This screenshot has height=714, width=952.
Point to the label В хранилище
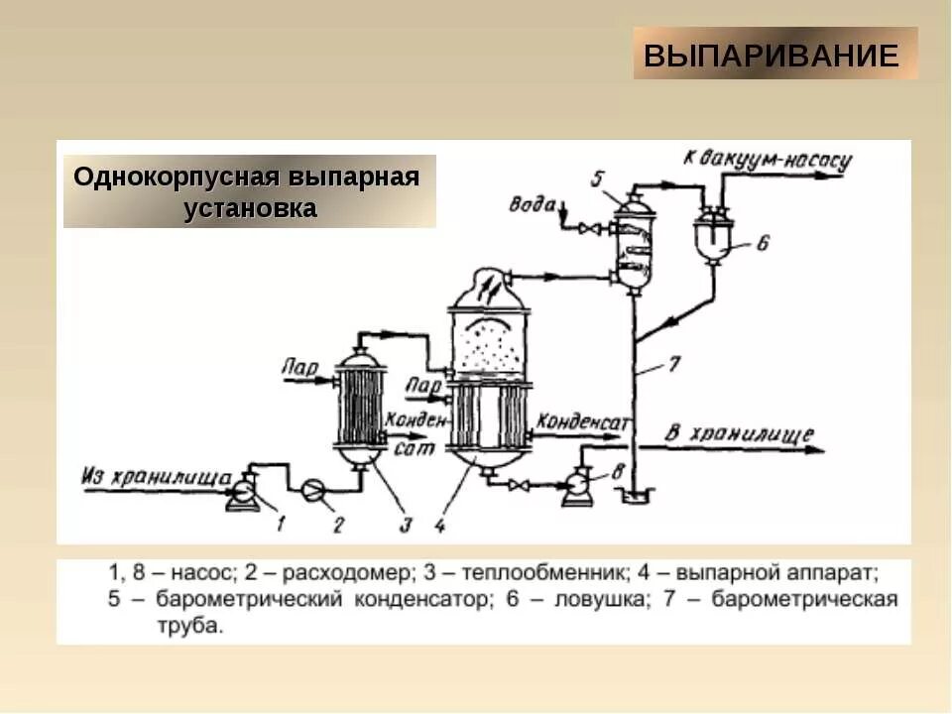(738, 433)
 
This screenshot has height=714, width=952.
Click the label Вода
(533, 204)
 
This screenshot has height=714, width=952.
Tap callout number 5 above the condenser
(598, 178)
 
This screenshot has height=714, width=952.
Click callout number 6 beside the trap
(762, 242)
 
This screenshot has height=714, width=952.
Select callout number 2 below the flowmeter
(337, 525)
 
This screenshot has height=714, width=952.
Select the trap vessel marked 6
(712, 234)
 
